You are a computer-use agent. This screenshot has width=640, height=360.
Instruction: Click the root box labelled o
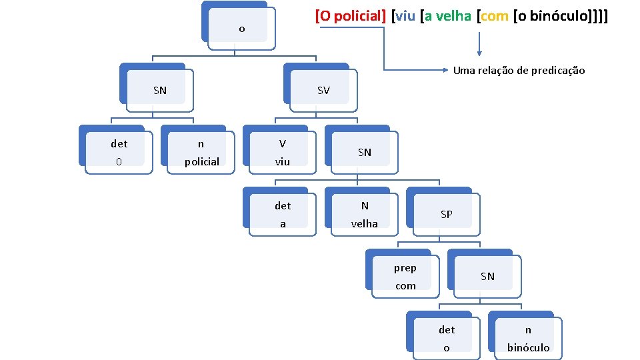pyautogui.click(x=241, y=29)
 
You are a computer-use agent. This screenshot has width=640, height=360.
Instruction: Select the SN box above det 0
pyautogui.click(x=160, y=90)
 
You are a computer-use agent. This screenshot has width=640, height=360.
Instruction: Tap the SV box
pyautogui.click(x=323, y=90)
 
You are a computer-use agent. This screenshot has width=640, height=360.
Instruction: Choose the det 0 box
pyautogui.click(x=119, y=152)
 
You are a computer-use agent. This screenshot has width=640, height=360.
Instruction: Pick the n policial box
pyautogui.click(x=201, y=152)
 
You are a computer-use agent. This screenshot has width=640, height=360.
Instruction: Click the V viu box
pyautogui.click(x=283, y=152)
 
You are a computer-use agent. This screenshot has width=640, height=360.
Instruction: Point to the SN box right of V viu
pyautogui.click(x=365, y=152)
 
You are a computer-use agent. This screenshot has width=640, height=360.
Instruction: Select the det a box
pyautogui.click(x=283, y=214)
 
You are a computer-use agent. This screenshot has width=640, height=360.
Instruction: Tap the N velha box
pyautogui.click(x=365, y=214)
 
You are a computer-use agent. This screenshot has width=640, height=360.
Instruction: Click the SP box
pyautogui.click(x=447, y=214)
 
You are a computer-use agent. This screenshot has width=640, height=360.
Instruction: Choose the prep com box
pyautogui.click(x=405, y=276)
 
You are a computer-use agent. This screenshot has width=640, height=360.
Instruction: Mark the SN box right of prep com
pyautogui.click(x=487, y=276)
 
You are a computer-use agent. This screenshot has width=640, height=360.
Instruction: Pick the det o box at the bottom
pyautogui.click(x=447, y=338)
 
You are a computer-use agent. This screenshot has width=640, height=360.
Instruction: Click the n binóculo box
pyautogui.click(x=528, y=338)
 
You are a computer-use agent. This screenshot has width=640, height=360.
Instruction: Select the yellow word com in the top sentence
pyautogui.click(x=494, y=16)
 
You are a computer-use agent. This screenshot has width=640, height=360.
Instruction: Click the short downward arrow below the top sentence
pyautogui.click(x=479, y=45)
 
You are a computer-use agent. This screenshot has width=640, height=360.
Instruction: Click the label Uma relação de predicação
pyautogui.click(x=519, y=70)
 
